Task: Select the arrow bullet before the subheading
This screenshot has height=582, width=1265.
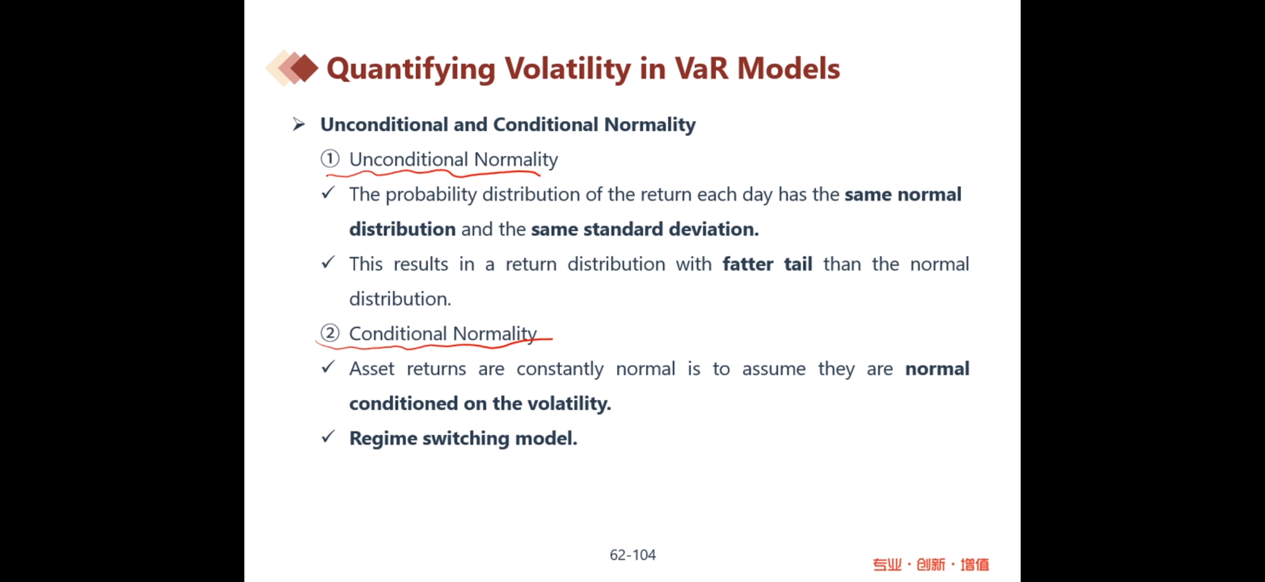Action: tap(299, 125)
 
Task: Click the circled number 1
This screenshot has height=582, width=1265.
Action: tap(330, 159)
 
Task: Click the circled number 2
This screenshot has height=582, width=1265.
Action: tap(330, 333)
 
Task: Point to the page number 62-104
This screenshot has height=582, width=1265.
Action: tap(632, 555)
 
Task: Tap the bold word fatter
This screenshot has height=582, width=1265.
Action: tap(748, 264)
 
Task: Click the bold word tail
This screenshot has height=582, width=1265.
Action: tap(798, 264)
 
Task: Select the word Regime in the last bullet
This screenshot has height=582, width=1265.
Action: tap(383, 439)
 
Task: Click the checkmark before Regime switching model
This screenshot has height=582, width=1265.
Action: tap(328, 436)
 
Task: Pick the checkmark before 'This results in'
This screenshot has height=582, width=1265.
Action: tap(328, 262)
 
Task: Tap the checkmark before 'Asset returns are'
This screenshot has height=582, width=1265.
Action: tap(328, 367)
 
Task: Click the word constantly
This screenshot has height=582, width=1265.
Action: tap(560, 369)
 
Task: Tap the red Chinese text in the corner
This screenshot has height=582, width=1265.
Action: tap(931, 565)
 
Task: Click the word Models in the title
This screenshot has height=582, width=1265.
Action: tap(788, 69)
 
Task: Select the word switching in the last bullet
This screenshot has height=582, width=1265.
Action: tap(466, 439)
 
